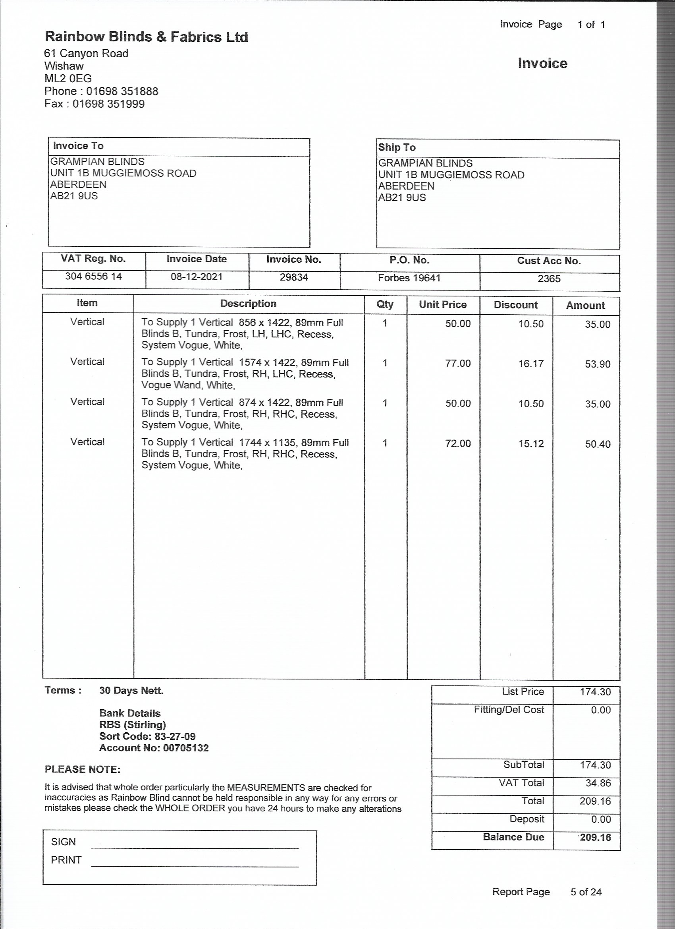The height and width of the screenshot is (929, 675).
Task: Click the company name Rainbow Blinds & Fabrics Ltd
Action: (146, 37)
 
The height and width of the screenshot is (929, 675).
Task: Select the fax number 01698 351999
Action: (108, 104)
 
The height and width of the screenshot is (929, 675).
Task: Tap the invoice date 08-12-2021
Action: (197, 277)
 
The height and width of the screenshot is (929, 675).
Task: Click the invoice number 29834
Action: (294, 277)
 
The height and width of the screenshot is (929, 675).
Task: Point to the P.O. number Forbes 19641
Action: (409, 278)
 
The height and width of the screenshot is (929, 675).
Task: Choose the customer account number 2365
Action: (549, 279)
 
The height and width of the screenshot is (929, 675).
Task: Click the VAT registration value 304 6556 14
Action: (93, 277)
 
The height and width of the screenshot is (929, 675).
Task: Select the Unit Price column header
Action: (442, 305)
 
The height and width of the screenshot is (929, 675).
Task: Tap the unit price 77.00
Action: (458, 363)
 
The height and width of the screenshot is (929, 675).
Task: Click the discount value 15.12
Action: (531, 443)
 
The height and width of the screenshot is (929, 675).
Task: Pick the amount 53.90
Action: (597, 364)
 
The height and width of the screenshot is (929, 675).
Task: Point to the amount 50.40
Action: (597, 444)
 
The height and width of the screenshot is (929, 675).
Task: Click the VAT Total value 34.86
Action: (598, 783)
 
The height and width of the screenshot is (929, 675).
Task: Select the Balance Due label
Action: (513, 837)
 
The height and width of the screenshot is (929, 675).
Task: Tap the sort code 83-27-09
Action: (175, 736)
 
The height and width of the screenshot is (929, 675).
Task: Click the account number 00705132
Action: (185, 748)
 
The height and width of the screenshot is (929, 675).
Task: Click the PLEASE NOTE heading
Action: (82, 769)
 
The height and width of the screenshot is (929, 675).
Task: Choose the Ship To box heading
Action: (397, 147)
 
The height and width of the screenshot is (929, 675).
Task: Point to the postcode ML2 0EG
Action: (68, 79)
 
